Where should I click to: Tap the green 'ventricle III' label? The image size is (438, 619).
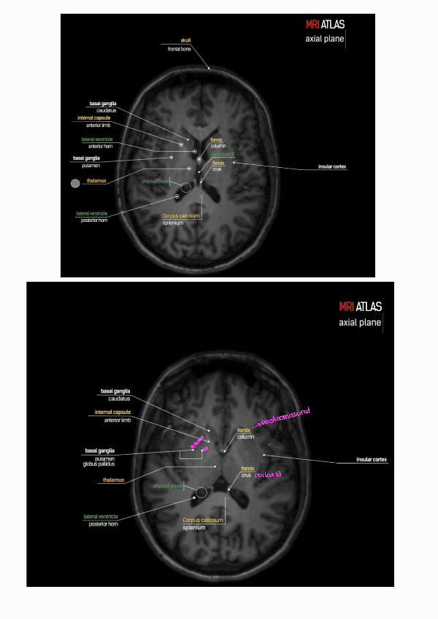click(x=223, y=154)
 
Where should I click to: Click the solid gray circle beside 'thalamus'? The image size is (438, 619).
click(x=74, y=183)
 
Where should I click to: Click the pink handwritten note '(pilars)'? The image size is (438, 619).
click(x=268, y=474)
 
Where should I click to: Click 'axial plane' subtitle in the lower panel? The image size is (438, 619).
click(x=360, y=323)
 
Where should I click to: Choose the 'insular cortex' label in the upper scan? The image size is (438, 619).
click(x=332, y=167)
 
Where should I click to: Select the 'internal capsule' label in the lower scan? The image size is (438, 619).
click(x=112, y=412)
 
